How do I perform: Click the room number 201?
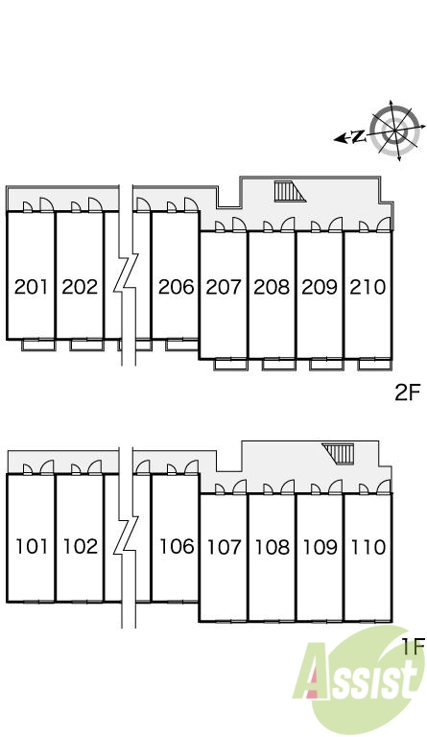pyautogui.click(x=31, y=287)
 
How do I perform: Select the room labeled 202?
pyautogui.click(x=80, y=287)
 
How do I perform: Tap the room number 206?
pyautogui.click(x=177, y=287)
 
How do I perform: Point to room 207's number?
pyautogui.click(x=225, y=287)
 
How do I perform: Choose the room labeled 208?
pyautogui.click(x=272, y=287)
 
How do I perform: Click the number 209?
pyautogui.click(x=320, y=287)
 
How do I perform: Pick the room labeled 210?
pyautogui.click(x=368, y=287)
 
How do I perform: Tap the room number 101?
pyautogui.click(x=32, y=547)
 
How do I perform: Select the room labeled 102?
pyautogui.click(x=81, y=547)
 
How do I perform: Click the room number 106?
pyautogui.click(x=177, y=547)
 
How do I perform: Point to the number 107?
pyautogui.click(x=225, y=547)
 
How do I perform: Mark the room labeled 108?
pyautogui.click(x=273, y=547)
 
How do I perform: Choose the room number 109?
pyautogui.click(x=320, y=547)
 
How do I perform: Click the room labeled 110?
pyautogui.click(x=368, y=547)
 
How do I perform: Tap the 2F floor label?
pyautogui.click(x=407, y=392)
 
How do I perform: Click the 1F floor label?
pyautogui.click(x=414, y=646)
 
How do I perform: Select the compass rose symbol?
pyautogui.click(x=393, y=131)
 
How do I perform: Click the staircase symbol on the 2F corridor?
pyautogui.click(x=290, y=192)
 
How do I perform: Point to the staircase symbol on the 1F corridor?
pyautogui.click(x=338, y=453)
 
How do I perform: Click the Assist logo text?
pyautogui.click(x=357, y=675)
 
